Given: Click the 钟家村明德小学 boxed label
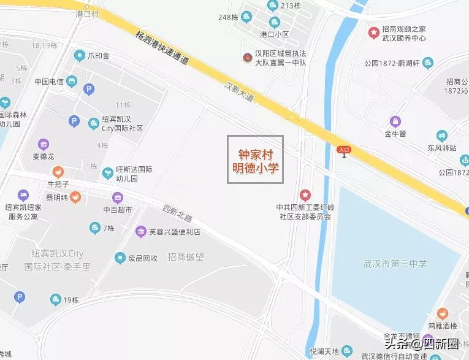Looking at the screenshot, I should click(x=256, y=159).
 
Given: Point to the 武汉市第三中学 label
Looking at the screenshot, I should click(x=396, y=264).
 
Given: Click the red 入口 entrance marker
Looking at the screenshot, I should click(x=344, y=150).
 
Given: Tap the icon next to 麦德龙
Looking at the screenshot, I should click(x=43, y=145).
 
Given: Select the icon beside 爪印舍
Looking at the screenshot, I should click(x=79, y=56).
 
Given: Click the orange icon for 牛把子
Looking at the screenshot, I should click(x=58, y=172).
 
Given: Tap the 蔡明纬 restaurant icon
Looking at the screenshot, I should click(x=74, y=197).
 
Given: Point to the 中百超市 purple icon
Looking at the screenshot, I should click(x=117, y=197).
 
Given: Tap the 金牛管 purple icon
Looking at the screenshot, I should click(x=395, y=121).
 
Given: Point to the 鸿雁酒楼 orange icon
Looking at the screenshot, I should click(x=442, y=313).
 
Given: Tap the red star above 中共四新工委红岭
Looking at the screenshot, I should click(x=305, y=194).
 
